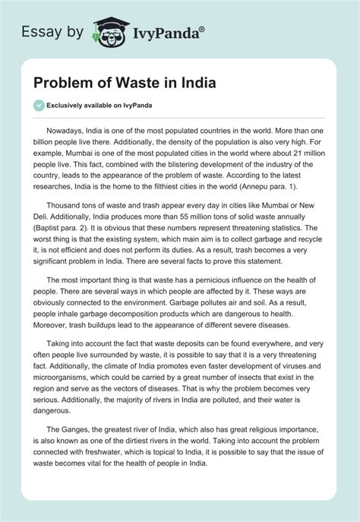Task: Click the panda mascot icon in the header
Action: (106, 31)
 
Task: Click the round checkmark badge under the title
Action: (39, 105)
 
